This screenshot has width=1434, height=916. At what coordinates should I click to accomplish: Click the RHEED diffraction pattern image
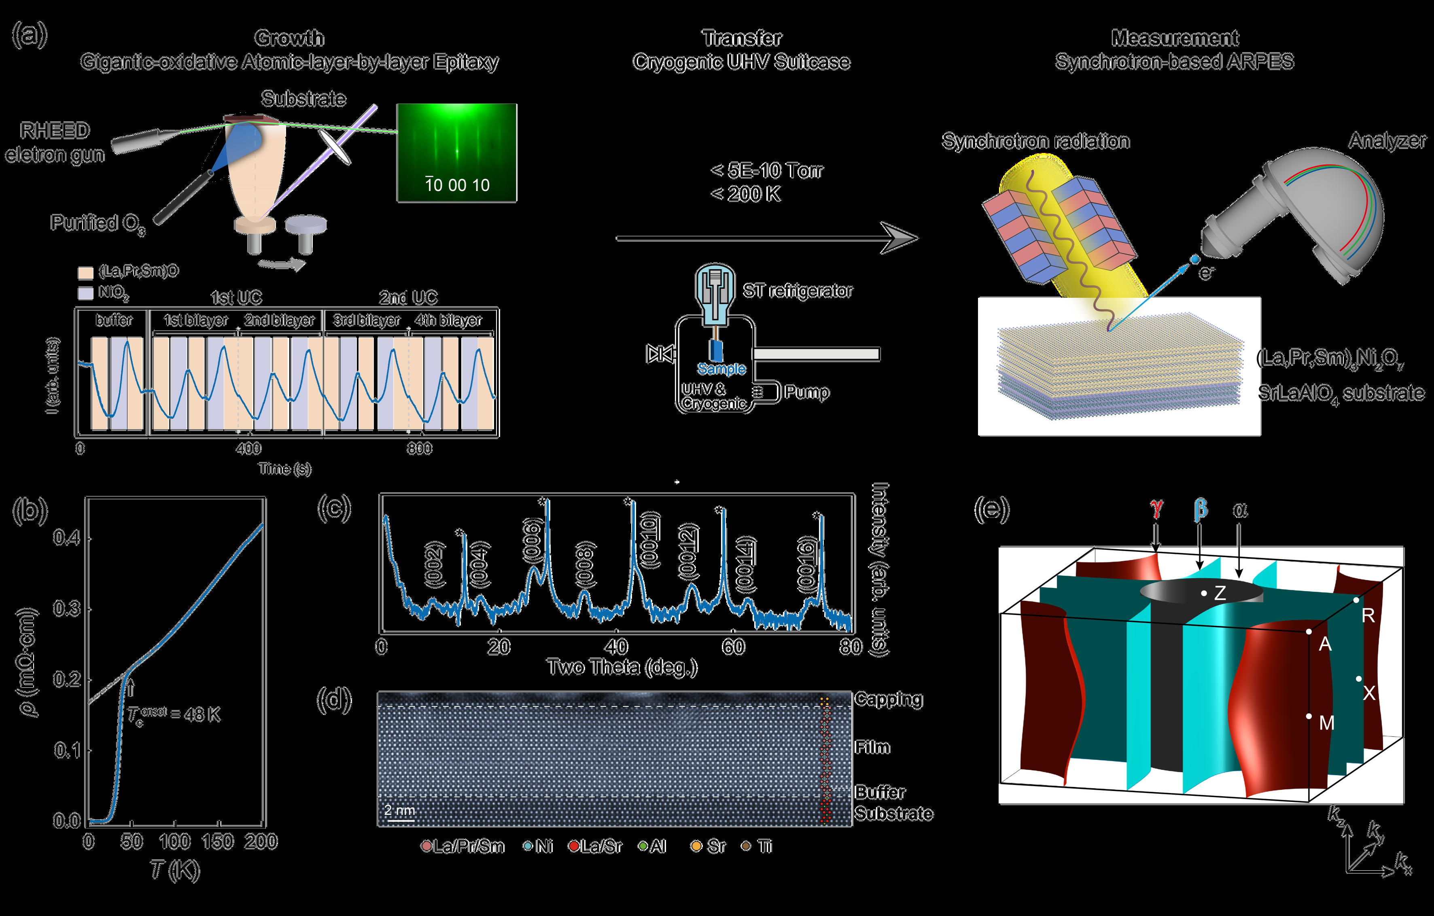coord(457,153)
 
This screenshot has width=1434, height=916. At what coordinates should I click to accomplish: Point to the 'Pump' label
coord(807,392)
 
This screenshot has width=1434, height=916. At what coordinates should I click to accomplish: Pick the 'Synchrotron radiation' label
coord(1035,141)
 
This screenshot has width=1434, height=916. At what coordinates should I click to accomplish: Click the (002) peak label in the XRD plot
coord(434,564)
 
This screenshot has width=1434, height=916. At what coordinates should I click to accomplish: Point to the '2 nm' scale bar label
coord(400,810)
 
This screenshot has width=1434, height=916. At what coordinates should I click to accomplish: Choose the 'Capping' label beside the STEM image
coord(889,699)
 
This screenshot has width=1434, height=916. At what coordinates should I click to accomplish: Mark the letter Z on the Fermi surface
coord(1220,593)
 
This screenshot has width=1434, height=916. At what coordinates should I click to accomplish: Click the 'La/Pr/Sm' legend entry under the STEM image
coord(469,846)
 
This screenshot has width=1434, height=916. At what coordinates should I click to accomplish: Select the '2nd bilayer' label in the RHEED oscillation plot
coord(279,320)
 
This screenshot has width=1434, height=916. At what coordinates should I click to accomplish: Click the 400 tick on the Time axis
coord(248,448)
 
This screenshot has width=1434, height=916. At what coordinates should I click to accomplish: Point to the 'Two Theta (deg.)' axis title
coord(622,667)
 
